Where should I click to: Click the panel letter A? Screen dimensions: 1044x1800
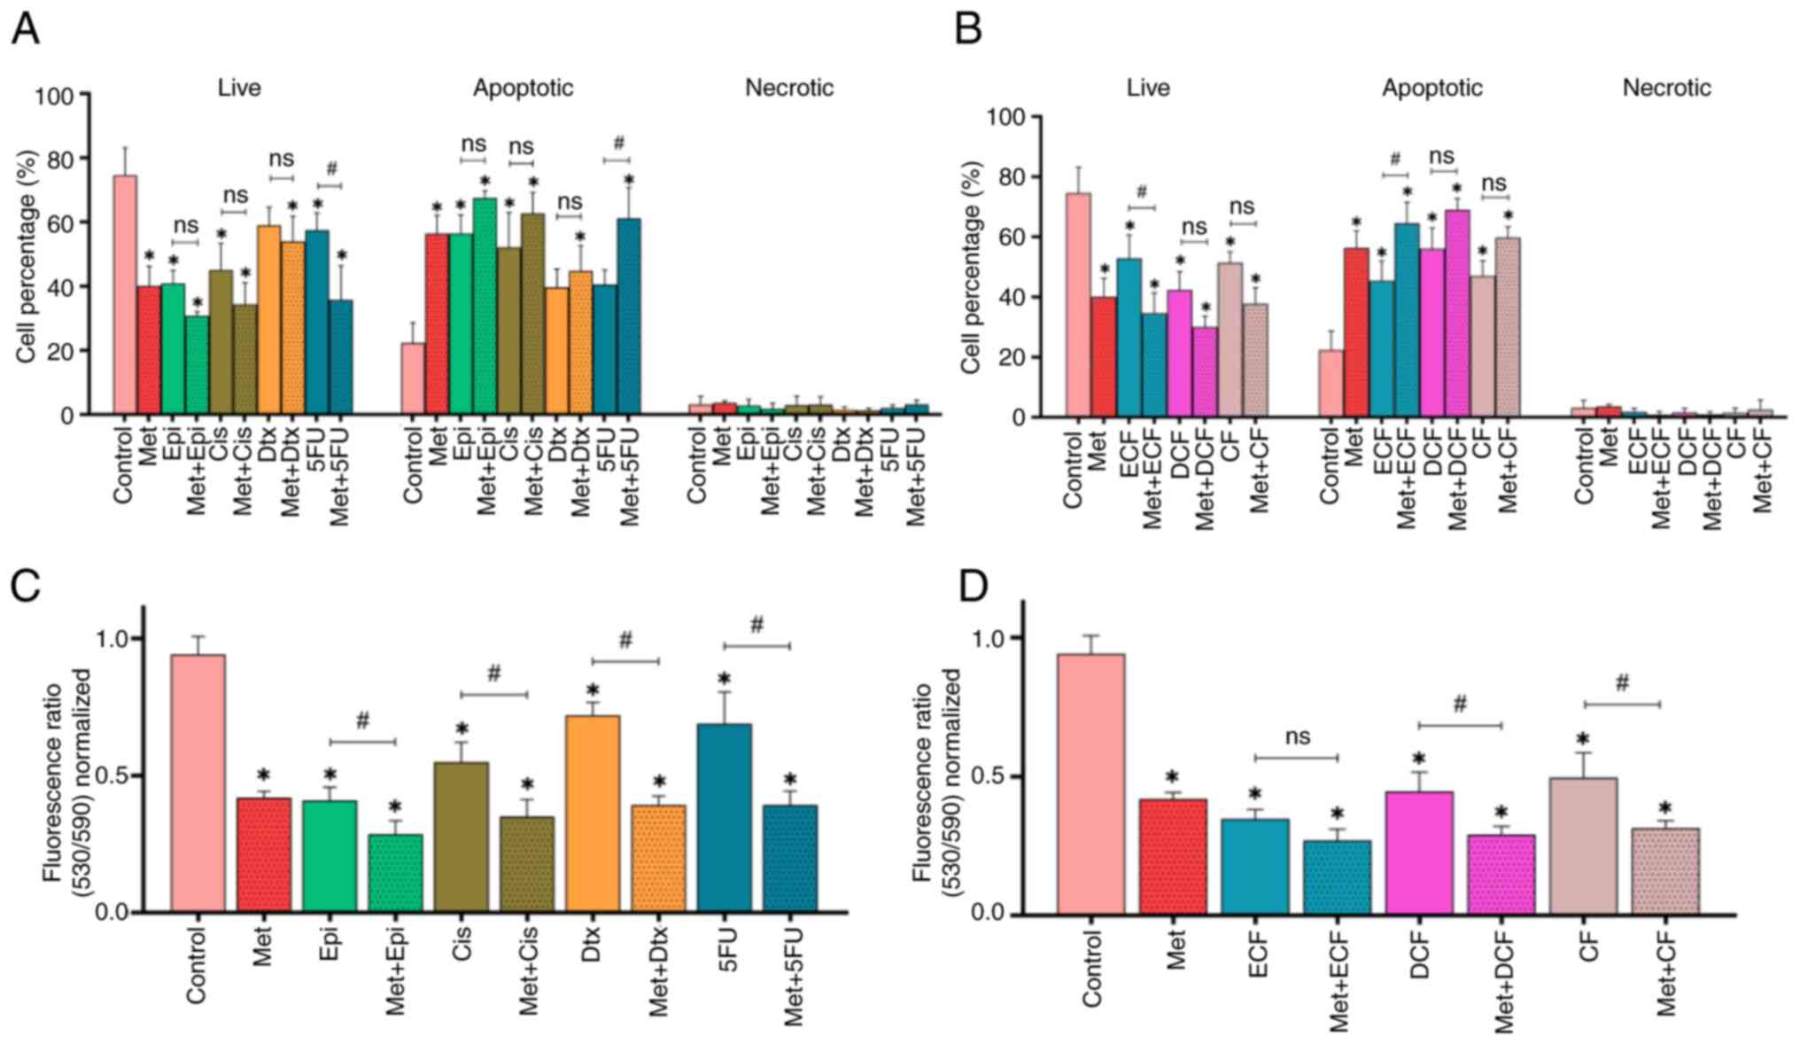click(x=25, y=29)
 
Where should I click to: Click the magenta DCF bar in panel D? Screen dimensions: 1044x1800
click(x=1419, y=852)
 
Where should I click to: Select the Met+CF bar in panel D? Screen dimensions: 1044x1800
click(x=1665, y=870)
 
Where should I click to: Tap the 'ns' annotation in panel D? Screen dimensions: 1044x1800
click(x=1297, y=736)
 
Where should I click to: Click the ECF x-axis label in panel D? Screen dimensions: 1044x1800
click(x=1256, y=954)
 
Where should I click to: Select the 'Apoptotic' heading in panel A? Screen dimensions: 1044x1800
click(x=523, y=88)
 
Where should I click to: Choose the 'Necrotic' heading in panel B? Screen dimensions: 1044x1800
click(x=1666, y=88)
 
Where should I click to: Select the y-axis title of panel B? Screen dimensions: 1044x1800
click(x=972, y=267)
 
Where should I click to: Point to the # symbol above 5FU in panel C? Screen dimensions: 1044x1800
click(x=756, y=626)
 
